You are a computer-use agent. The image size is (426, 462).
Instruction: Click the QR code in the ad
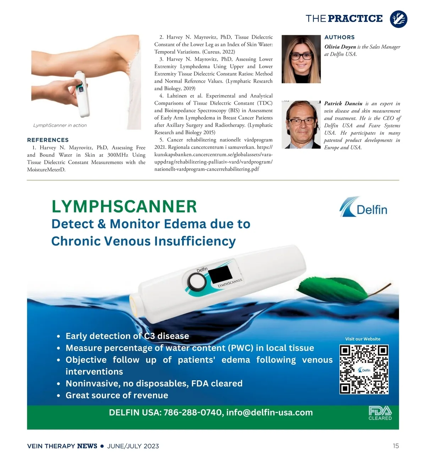click(x=364, y=369)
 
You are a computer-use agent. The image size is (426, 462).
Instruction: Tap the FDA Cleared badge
click(x=380, y=413)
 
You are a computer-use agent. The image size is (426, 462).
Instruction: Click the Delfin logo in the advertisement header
click(x=364, y=207)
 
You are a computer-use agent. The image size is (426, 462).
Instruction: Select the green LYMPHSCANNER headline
click(x=124, y=207)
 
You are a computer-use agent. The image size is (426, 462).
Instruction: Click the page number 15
click(x=396, y=446)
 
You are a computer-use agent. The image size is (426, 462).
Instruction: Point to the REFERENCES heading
click(x=48, y=140)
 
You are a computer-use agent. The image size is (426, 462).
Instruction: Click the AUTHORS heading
click(x=339, y=37)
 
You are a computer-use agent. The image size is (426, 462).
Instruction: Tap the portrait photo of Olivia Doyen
click(x=301, y=59)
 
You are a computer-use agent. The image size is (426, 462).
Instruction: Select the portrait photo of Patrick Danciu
click(x=301, y=124)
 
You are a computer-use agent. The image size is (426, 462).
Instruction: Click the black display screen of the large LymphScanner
click(x=220, y=274)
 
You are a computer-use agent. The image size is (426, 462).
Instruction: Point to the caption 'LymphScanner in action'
click(x=60, y=125)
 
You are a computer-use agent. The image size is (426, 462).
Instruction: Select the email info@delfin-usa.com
click(x=269, y=413)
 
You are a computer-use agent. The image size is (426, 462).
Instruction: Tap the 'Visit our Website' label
click(x=362, y=339)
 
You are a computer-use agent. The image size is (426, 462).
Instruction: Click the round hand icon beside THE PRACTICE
click(x=398, y=19)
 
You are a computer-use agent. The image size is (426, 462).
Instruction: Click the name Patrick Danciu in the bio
click(x=343, y=103)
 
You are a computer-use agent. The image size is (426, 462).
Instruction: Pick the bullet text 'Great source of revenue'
click(x=117, y=396)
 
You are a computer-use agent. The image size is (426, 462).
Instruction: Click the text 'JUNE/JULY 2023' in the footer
click(x=133, y=446)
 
